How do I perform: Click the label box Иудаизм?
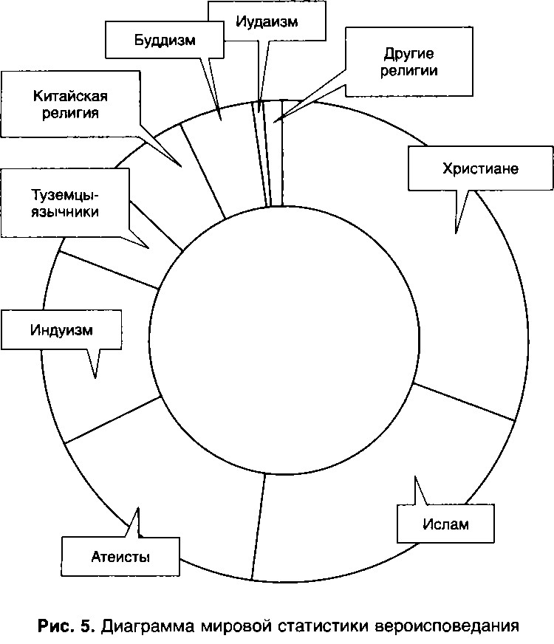coord(267,21)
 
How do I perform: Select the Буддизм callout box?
coord(164,40)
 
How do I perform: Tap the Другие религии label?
coord(409,62)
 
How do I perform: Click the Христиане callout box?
coord(480,168)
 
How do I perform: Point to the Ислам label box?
coord(445,524)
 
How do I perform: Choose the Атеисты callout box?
coord(120,557)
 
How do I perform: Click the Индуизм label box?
coord(61,330)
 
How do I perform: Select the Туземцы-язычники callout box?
coord(65,203)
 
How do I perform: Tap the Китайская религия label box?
coord(70,104)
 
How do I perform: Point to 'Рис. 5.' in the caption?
coord(66,626)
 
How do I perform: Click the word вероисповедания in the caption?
coord(447,626)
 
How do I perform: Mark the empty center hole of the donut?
coord(284,339)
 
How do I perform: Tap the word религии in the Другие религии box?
coord(409,71)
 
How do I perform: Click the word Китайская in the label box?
coord(70,96)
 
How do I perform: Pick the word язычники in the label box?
coord(65,212)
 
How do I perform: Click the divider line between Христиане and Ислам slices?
coord(464,402)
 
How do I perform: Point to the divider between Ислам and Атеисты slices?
coord(259,527)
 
